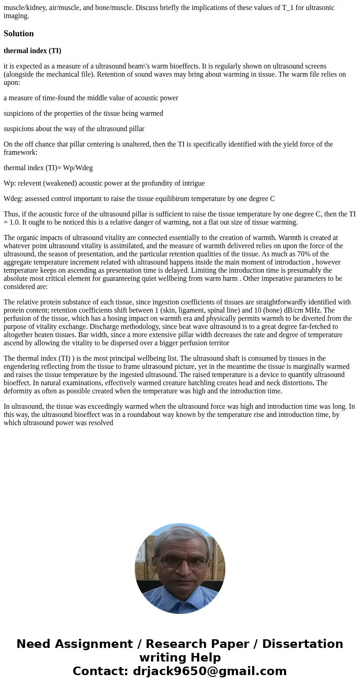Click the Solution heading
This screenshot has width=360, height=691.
pos(19,34)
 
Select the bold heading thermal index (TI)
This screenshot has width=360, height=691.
pos(32,51)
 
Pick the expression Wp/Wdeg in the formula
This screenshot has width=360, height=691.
pos(78,168)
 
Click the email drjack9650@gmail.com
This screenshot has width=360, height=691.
pos(209,671)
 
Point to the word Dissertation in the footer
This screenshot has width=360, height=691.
pos(302,644)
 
